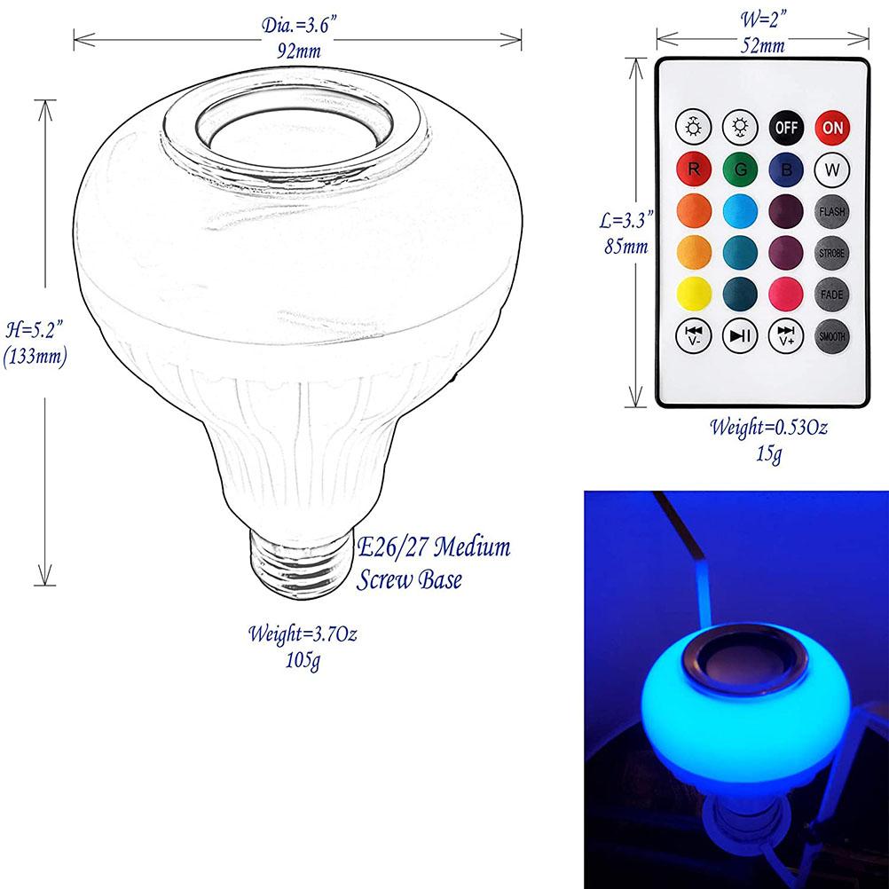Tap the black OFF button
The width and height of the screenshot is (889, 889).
(x=785, y=127)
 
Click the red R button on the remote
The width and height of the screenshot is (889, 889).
(x=693, y=169)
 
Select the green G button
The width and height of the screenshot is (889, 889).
(x=739, y=169)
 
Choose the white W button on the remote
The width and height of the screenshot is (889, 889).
(x=832, y=169)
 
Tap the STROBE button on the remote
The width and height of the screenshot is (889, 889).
(x=832, y=253)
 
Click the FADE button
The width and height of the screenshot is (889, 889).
(x=832, y=294)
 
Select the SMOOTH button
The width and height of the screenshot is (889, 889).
(x=832, y=336)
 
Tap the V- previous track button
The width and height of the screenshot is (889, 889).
(x=693, y=336)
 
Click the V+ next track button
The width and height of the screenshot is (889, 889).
(x=785, y=336)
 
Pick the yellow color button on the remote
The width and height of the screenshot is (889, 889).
(x=693, y=294)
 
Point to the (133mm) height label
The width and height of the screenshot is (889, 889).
(x=35, y=358)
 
